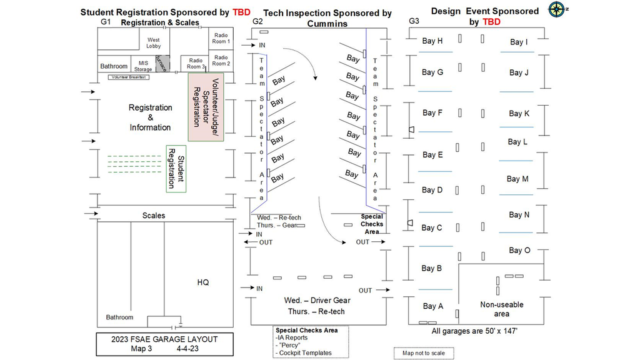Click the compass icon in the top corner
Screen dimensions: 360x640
click(x=556, y=9)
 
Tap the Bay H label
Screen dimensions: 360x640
click(x=432, y=41)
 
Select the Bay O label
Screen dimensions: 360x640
click(x=519, y=251)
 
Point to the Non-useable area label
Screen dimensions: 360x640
click(x=502, y=309)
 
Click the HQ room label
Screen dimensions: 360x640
click(x=203, y=282)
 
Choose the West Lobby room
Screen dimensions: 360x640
click(x=154, y=43)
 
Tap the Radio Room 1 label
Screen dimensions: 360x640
click(x=221, y=38)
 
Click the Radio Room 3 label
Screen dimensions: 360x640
click(x=195, y=63)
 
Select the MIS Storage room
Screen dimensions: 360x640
click(x=143, y=66)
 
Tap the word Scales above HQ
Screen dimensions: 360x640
click(x=154, y=216)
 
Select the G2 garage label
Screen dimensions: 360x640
click(x=257, y=21)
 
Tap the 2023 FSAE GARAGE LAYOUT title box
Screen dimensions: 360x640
click(x=165, y=344)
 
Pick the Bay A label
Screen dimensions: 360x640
click(x=433, y=306)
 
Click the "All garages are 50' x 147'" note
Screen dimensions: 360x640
click(x=475, y=331)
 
